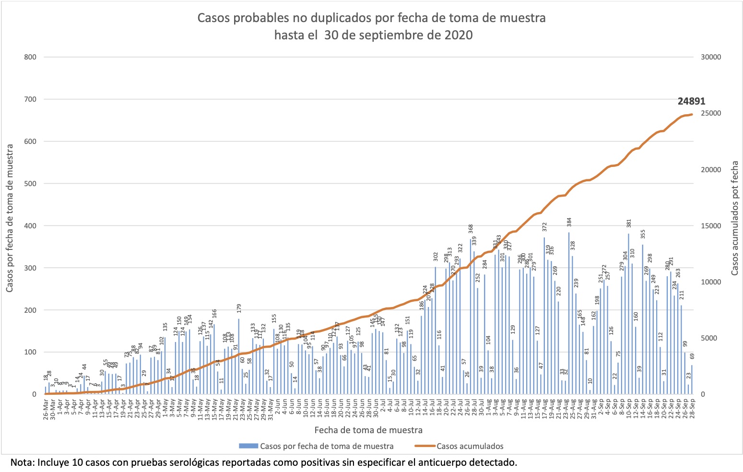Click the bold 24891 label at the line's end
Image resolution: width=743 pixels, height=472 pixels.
691,101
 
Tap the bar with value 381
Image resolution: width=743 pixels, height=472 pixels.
628,314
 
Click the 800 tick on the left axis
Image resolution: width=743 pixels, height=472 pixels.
30,57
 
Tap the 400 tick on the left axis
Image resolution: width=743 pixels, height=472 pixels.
30,225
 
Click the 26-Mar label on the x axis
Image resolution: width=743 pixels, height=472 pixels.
46,410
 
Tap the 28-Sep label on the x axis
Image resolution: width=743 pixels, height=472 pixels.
692,410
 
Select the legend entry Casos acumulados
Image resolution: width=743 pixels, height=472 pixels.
470,446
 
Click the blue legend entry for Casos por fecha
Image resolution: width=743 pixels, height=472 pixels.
326,446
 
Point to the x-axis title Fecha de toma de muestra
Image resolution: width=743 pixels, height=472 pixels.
368,429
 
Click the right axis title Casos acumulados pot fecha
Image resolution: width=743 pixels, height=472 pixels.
734,218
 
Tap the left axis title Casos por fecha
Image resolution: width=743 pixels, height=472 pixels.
10,218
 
